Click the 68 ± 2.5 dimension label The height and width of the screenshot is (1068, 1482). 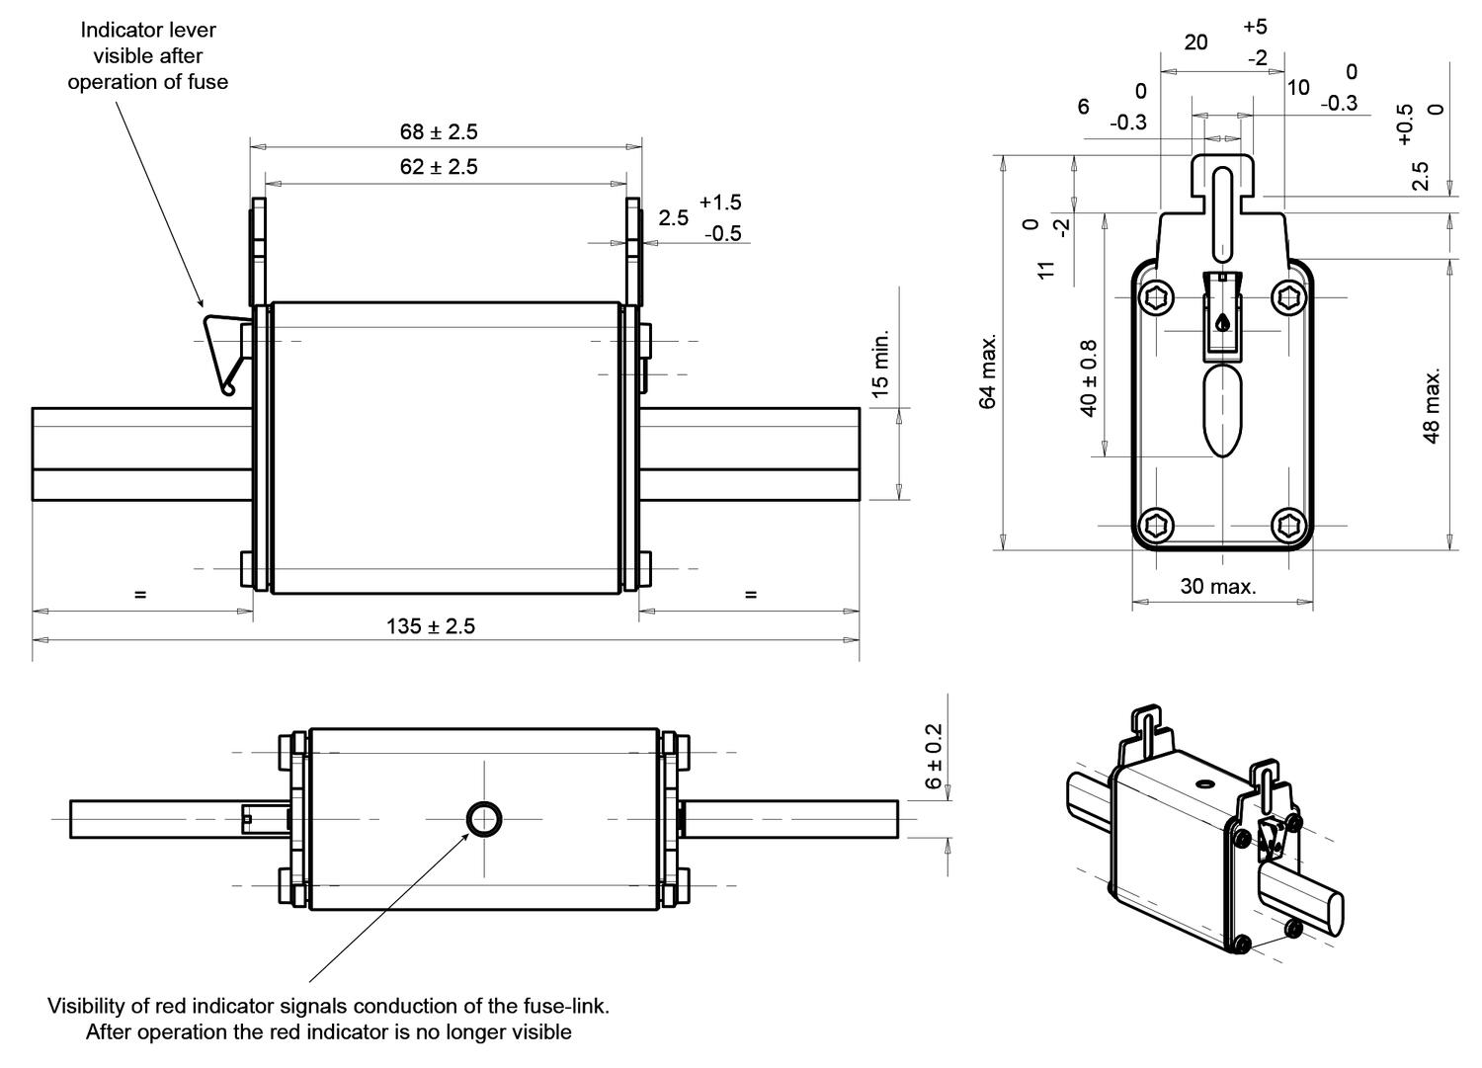[x=438, y=131]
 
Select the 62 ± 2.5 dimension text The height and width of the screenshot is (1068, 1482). [x=438, y=167]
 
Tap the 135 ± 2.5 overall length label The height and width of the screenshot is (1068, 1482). [x=430, y=626]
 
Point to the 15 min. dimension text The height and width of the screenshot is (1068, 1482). [x=881, y=364]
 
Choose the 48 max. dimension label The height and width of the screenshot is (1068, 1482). [x=1432, y=405]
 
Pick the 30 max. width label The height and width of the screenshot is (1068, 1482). [x=1218, y=587]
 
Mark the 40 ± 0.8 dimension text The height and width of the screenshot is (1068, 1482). [x=1089, y=378]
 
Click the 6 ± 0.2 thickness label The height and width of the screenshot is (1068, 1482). [x=934, y=756]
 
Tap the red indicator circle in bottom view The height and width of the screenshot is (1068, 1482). [x=484, y=819]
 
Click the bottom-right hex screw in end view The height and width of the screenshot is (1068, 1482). [x=1289, y=525]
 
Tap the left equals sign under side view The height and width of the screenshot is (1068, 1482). [x=140, y=595]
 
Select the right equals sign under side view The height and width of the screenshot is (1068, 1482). [x=751, y=595]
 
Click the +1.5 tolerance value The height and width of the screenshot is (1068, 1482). [x=720, y=203]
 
